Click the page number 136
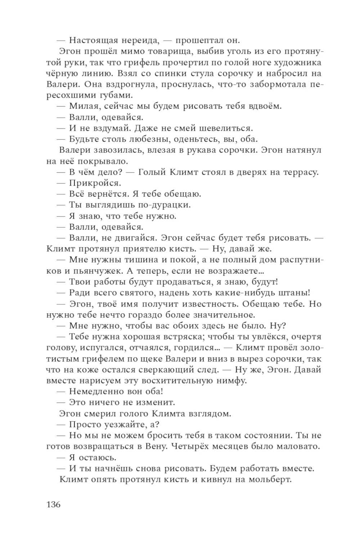pos(53,504)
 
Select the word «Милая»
pos(82,106)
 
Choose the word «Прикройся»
pos(95,183)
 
